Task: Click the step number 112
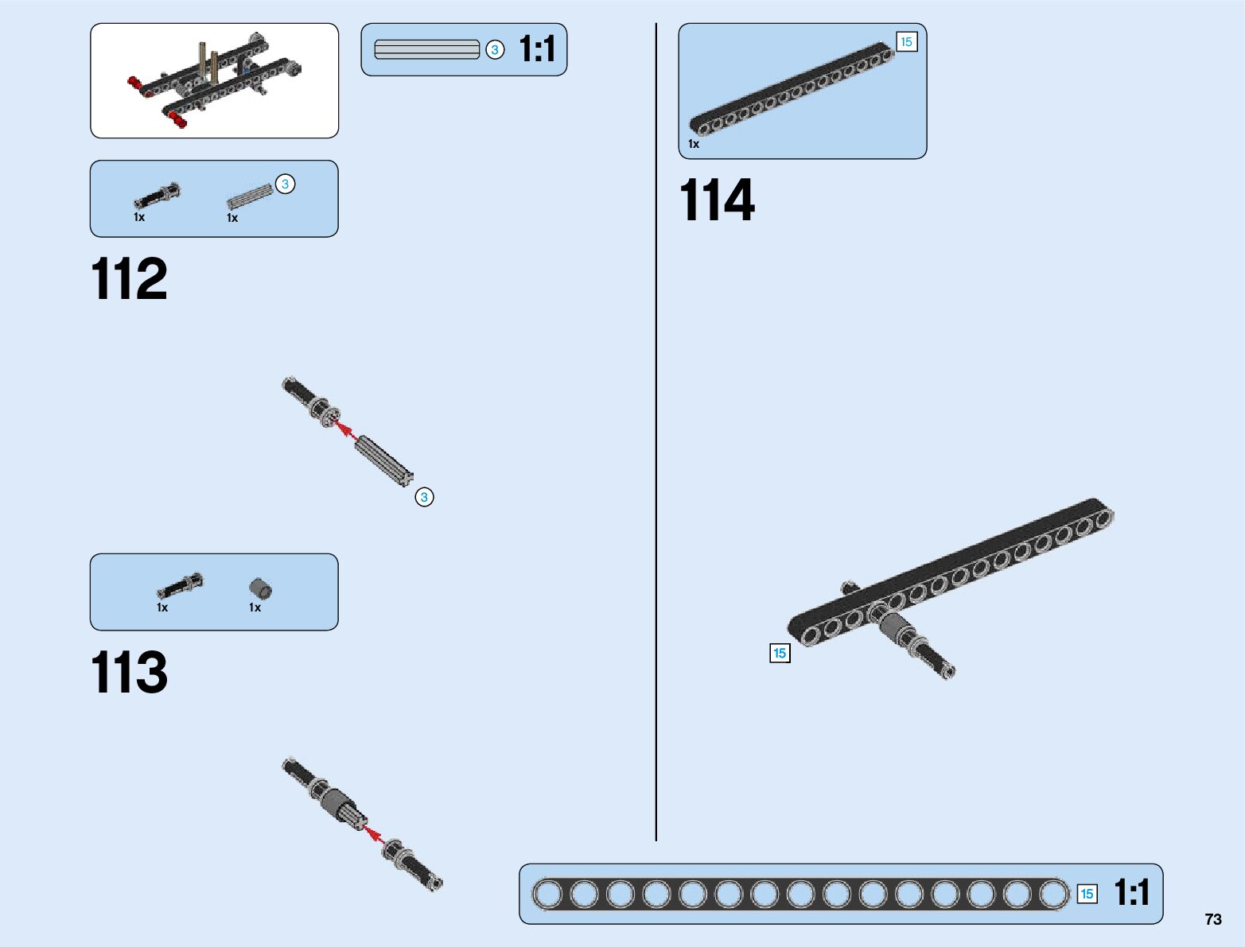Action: (130, 279)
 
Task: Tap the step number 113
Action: (130, 673)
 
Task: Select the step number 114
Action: (717, 200)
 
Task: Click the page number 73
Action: (1212, 919)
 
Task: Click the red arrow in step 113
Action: (373, 836)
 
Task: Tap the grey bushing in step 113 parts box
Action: (260, 589)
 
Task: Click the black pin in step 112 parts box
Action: (158, 196)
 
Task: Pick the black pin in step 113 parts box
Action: (180, 586)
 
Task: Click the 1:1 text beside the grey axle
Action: (537, 49)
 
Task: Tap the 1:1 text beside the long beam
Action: (1131, 893)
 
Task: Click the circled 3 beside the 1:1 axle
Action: (495, 50)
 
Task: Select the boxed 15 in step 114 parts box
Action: (906, 42)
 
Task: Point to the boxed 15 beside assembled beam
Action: (780, 653)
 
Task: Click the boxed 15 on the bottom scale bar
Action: (1087, 894)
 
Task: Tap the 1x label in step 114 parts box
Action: (694, 144)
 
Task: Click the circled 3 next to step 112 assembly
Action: (424, 497)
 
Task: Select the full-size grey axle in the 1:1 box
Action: (427, 50)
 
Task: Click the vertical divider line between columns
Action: (656, 429)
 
